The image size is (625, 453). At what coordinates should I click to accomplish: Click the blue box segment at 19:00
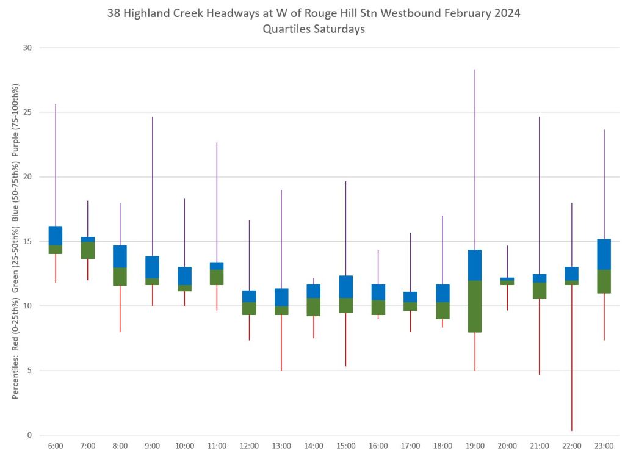coord(475,265)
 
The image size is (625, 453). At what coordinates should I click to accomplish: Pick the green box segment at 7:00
coord(88,250)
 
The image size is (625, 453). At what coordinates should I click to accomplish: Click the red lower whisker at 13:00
coord(281,342)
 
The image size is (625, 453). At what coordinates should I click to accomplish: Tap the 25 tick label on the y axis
coord(27,112)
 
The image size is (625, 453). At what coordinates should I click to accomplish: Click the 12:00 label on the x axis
coord(249,446)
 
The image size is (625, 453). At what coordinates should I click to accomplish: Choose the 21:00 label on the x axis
coord(540,446)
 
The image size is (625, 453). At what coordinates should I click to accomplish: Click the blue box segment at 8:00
coord(120,256)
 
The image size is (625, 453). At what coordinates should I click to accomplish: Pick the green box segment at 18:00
coord(443,310)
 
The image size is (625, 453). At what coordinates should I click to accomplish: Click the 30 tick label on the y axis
coord(27,48)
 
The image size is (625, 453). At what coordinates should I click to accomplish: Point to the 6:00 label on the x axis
coord(56,446)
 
